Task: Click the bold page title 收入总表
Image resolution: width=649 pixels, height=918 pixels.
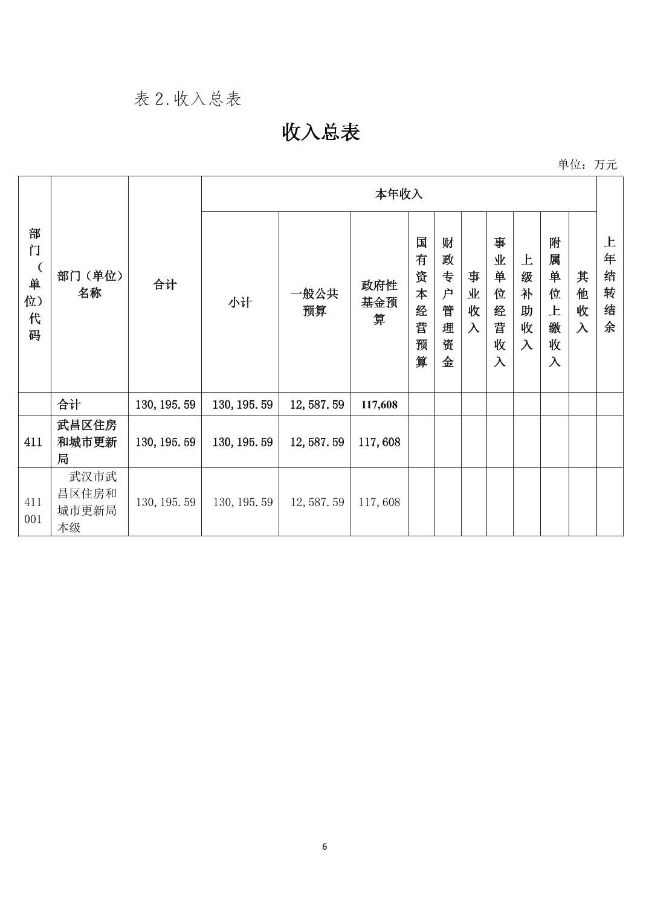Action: coord(321,132)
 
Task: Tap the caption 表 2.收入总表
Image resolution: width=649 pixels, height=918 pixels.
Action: coord(188,99)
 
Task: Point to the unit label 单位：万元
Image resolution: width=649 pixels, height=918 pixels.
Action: coord(587,164)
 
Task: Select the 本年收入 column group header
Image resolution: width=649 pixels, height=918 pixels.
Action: coord(398,194)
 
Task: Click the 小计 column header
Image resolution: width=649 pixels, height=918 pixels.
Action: coord(240,302)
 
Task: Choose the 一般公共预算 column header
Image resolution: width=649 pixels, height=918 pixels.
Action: coord(314,302)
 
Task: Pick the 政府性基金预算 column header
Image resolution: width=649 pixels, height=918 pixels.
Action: coord(379,302)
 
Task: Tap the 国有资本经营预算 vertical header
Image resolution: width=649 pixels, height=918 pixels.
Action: coord(421,302)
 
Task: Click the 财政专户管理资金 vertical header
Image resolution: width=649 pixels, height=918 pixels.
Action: coord(448,302)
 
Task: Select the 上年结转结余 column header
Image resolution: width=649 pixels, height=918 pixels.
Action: coord(609,284)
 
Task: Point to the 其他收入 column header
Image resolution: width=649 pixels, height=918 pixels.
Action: coord(583,302)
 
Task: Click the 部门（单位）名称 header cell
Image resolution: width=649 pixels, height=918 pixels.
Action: coord(89,284)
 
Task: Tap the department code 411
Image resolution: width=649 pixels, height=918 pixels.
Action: coord(34,442)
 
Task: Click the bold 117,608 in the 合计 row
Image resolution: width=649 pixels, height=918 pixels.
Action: coord(379,405)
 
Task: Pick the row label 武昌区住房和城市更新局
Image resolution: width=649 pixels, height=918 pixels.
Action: coord(88,442)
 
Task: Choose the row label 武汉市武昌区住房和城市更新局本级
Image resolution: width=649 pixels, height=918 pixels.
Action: coord(88,502)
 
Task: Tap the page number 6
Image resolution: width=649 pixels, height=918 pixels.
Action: coord(324,847)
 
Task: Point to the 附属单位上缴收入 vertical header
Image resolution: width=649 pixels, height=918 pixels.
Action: coord(555,302)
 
